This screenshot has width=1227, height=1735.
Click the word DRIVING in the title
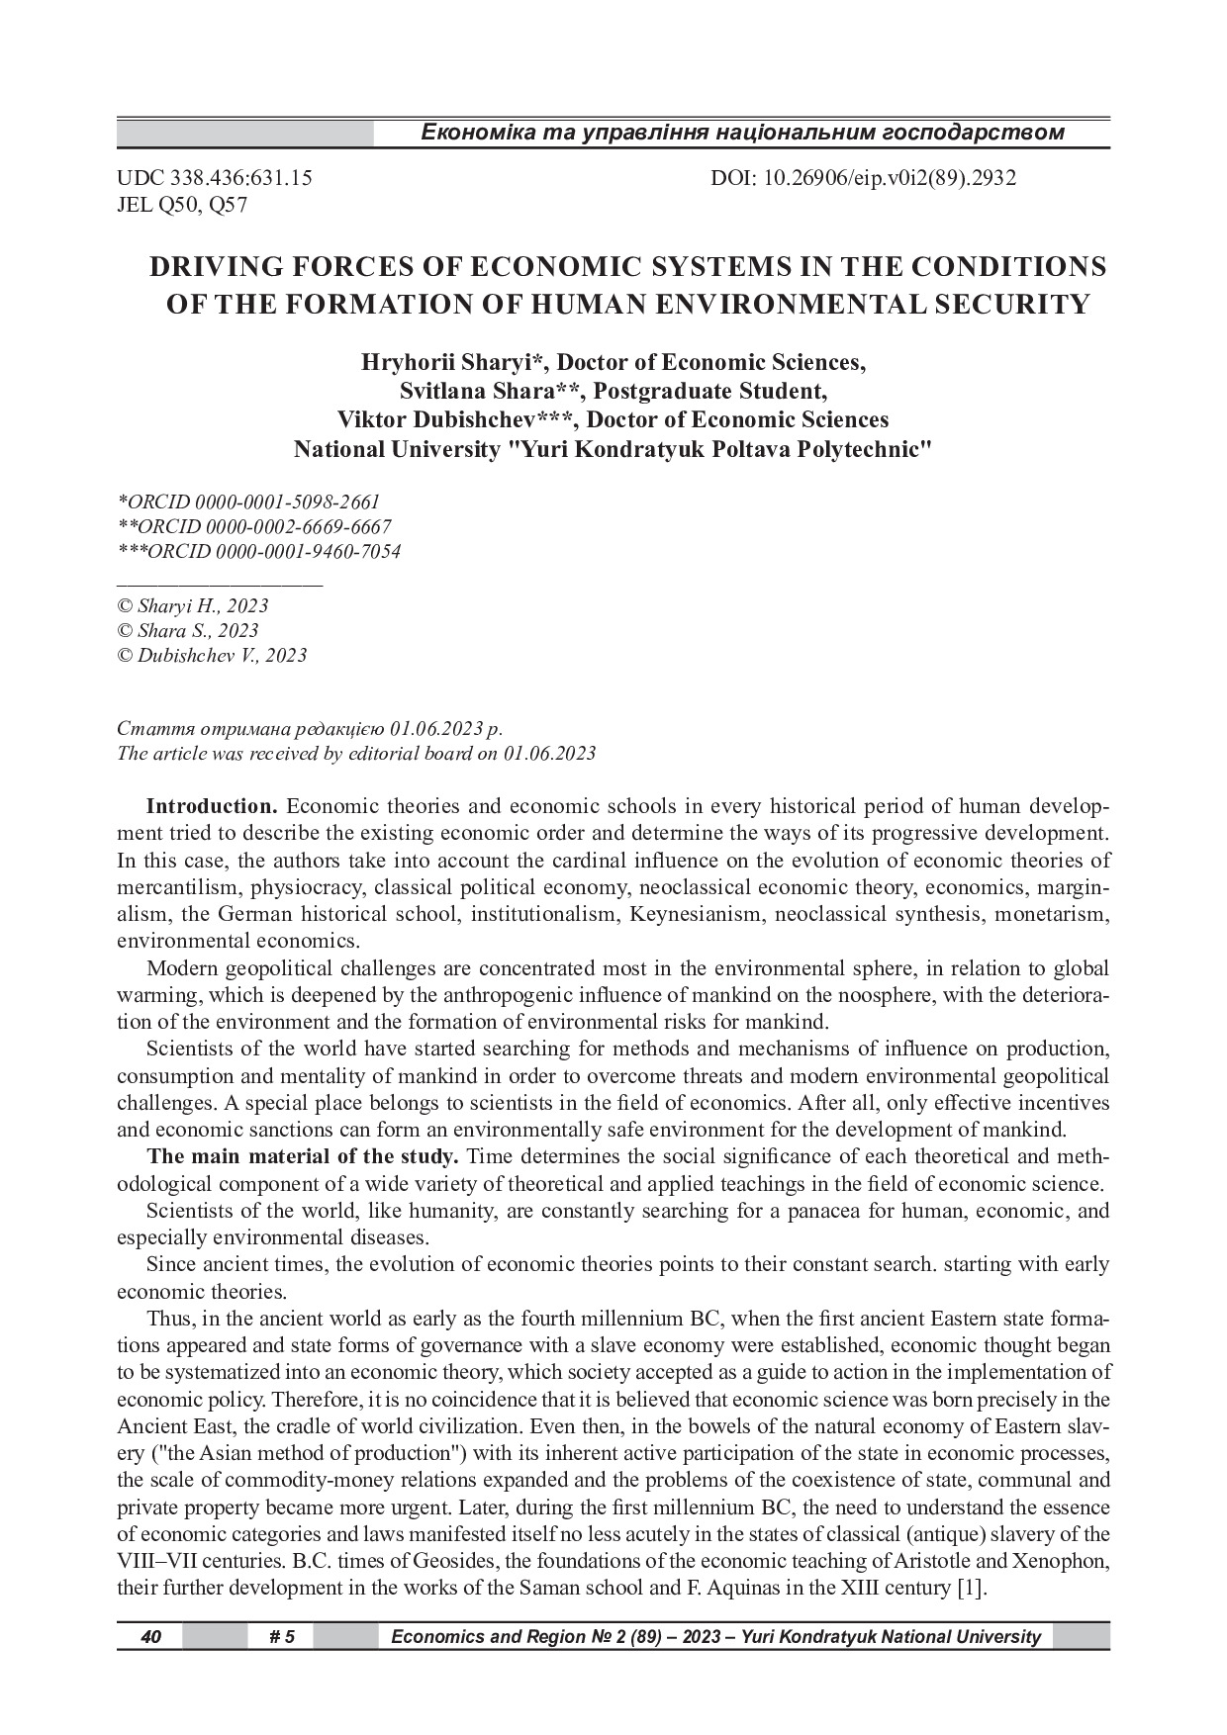213,268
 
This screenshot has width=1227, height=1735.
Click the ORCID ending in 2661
248,502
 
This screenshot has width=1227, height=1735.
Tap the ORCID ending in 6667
254,527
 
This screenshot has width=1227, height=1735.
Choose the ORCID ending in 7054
259,552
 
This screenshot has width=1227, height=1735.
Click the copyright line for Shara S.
188,631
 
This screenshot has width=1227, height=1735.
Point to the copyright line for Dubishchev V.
212,656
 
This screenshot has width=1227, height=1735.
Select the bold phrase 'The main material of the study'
303,1157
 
